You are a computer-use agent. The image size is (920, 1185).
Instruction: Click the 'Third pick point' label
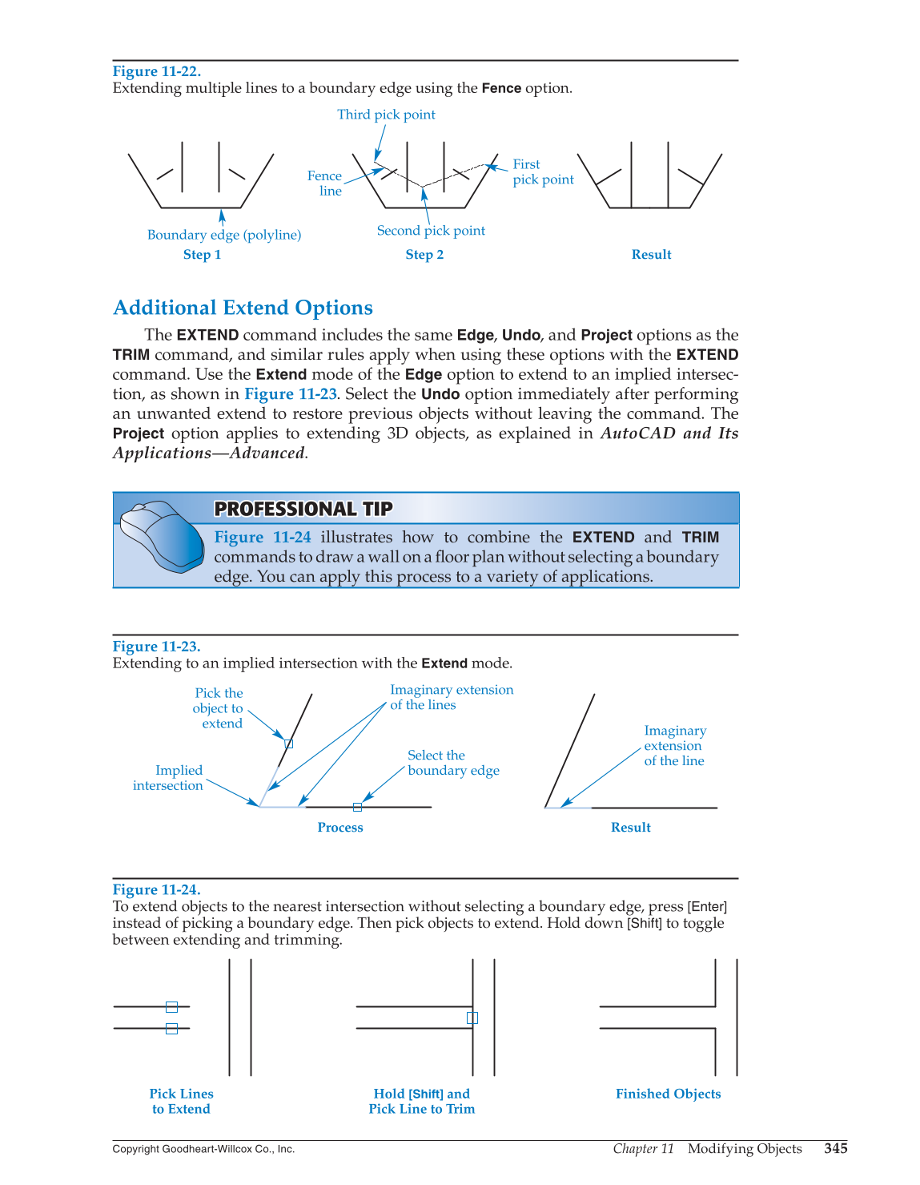point(386,115)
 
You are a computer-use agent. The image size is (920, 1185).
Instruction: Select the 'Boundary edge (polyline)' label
point(224,235)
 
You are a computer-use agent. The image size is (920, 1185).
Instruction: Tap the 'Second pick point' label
point(431,231)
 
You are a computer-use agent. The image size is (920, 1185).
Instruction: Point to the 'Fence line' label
point(325,183)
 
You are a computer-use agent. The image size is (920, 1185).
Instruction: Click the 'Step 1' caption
point(202,255)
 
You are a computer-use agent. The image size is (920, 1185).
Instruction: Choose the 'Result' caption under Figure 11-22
point(651,255)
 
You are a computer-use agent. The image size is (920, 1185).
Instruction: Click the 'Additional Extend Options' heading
point(243,308)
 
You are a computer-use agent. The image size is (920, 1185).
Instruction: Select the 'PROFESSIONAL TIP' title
point(303,509)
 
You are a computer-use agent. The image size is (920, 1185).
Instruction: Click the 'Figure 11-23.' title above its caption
point(156,647)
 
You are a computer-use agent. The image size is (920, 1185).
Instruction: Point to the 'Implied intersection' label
point(169,778)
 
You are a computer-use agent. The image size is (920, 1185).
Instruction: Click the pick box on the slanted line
point(289,744)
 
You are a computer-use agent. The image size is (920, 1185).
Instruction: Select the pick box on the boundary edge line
point(357,807)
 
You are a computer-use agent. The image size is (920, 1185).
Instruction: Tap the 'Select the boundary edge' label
point(452,763)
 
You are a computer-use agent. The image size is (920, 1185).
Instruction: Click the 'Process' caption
point(340,828)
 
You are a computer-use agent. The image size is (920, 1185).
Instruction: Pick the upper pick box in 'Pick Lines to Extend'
point(171,1007)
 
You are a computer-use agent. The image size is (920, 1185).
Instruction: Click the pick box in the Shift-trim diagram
point(472,1018)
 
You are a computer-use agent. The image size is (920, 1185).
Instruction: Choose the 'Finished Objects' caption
point(668,1094)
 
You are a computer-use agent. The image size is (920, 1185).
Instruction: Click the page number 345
point(835,1149)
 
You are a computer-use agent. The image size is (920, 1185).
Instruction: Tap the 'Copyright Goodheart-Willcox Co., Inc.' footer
point(203,1149)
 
